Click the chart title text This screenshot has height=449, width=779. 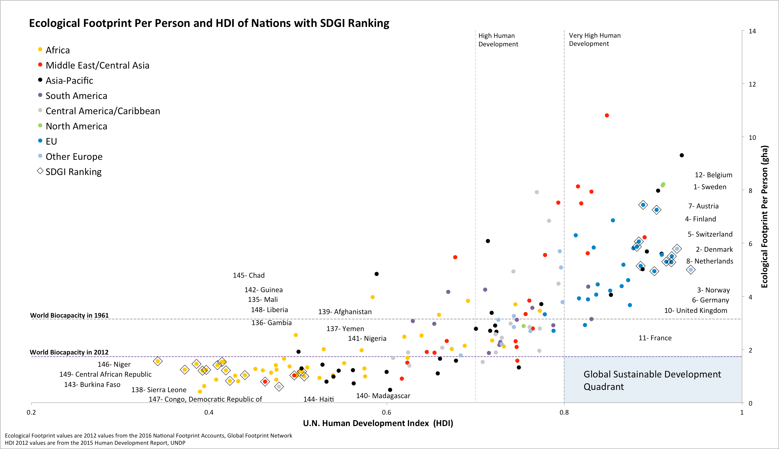tap(209, 23)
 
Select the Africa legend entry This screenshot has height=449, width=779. tap(57, 50)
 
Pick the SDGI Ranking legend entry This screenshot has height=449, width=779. tap(73, 172)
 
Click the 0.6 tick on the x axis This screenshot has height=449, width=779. tap(387, 413)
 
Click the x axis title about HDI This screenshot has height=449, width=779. tap(378, 423)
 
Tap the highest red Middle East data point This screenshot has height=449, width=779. tap(607, 116)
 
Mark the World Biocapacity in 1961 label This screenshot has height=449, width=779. tap(69, 315)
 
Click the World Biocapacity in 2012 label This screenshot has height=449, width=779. tap(69, 353)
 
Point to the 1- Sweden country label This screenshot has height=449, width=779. tap(710, 187)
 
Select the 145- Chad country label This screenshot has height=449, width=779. tap(249, 275)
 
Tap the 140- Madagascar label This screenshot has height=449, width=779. tap(383, 396)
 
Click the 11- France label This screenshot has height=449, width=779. tap(655, 338)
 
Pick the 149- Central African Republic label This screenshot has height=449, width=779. tap(105, 375)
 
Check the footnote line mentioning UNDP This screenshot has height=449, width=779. tap(95, 443)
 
